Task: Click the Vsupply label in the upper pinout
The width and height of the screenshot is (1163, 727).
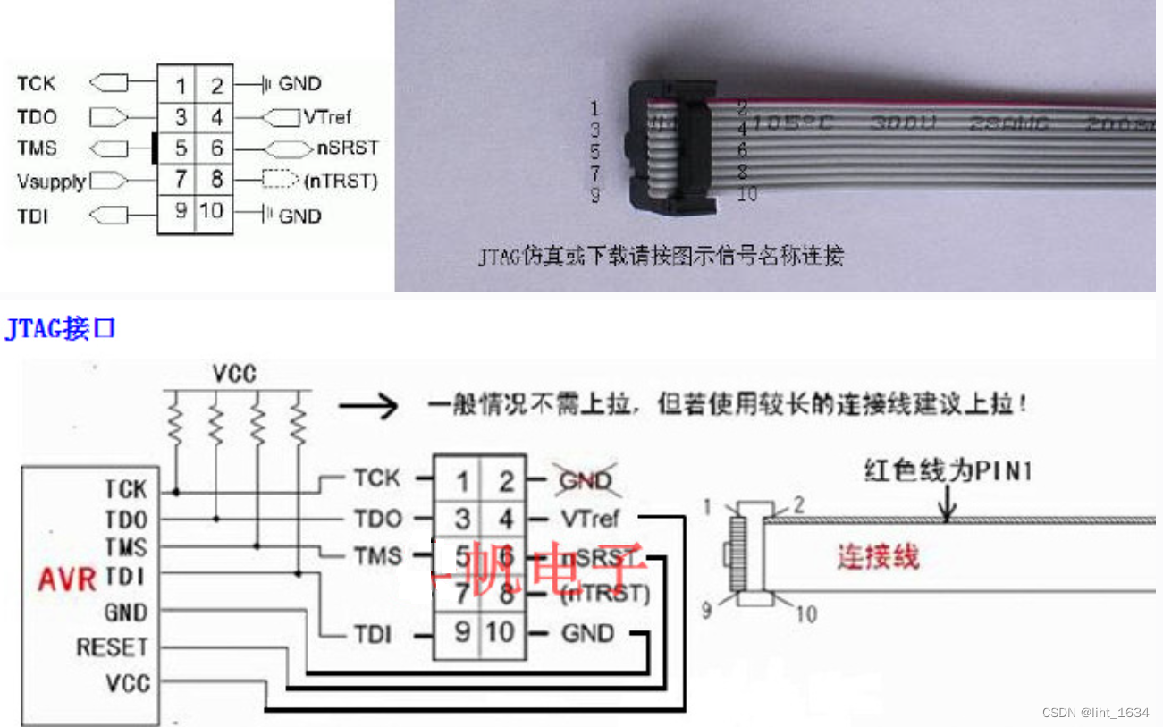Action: [51, 182]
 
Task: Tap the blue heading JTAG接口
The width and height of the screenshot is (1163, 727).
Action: [61, 329]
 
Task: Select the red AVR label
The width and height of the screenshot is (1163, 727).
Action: [66, 579]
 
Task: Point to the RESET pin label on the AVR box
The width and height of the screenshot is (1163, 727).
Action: [112, 647]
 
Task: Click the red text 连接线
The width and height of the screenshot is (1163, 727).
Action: [878, 557]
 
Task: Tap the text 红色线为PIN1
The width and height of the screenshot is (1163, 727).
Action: [947, 470]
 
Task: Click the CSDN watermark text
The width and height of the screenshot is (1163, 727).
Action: [1095, 713]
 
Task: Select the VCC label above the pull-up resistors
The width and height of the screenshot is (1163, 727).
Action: [235, 373]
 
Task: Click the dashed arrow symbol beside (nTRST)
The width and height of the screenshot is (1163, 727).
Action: [280, 181]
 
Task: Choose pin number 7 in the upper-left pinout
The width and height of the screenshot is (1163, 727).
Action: [180, 180]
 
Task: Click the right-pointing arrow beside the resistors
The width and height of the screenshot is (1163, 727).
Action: [368, 407]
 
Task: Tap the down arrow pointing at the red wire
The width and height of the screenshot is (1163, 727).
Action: [948, 505]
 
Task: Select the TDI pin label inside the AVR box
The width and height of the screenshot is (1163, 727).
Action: [126, 578]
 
